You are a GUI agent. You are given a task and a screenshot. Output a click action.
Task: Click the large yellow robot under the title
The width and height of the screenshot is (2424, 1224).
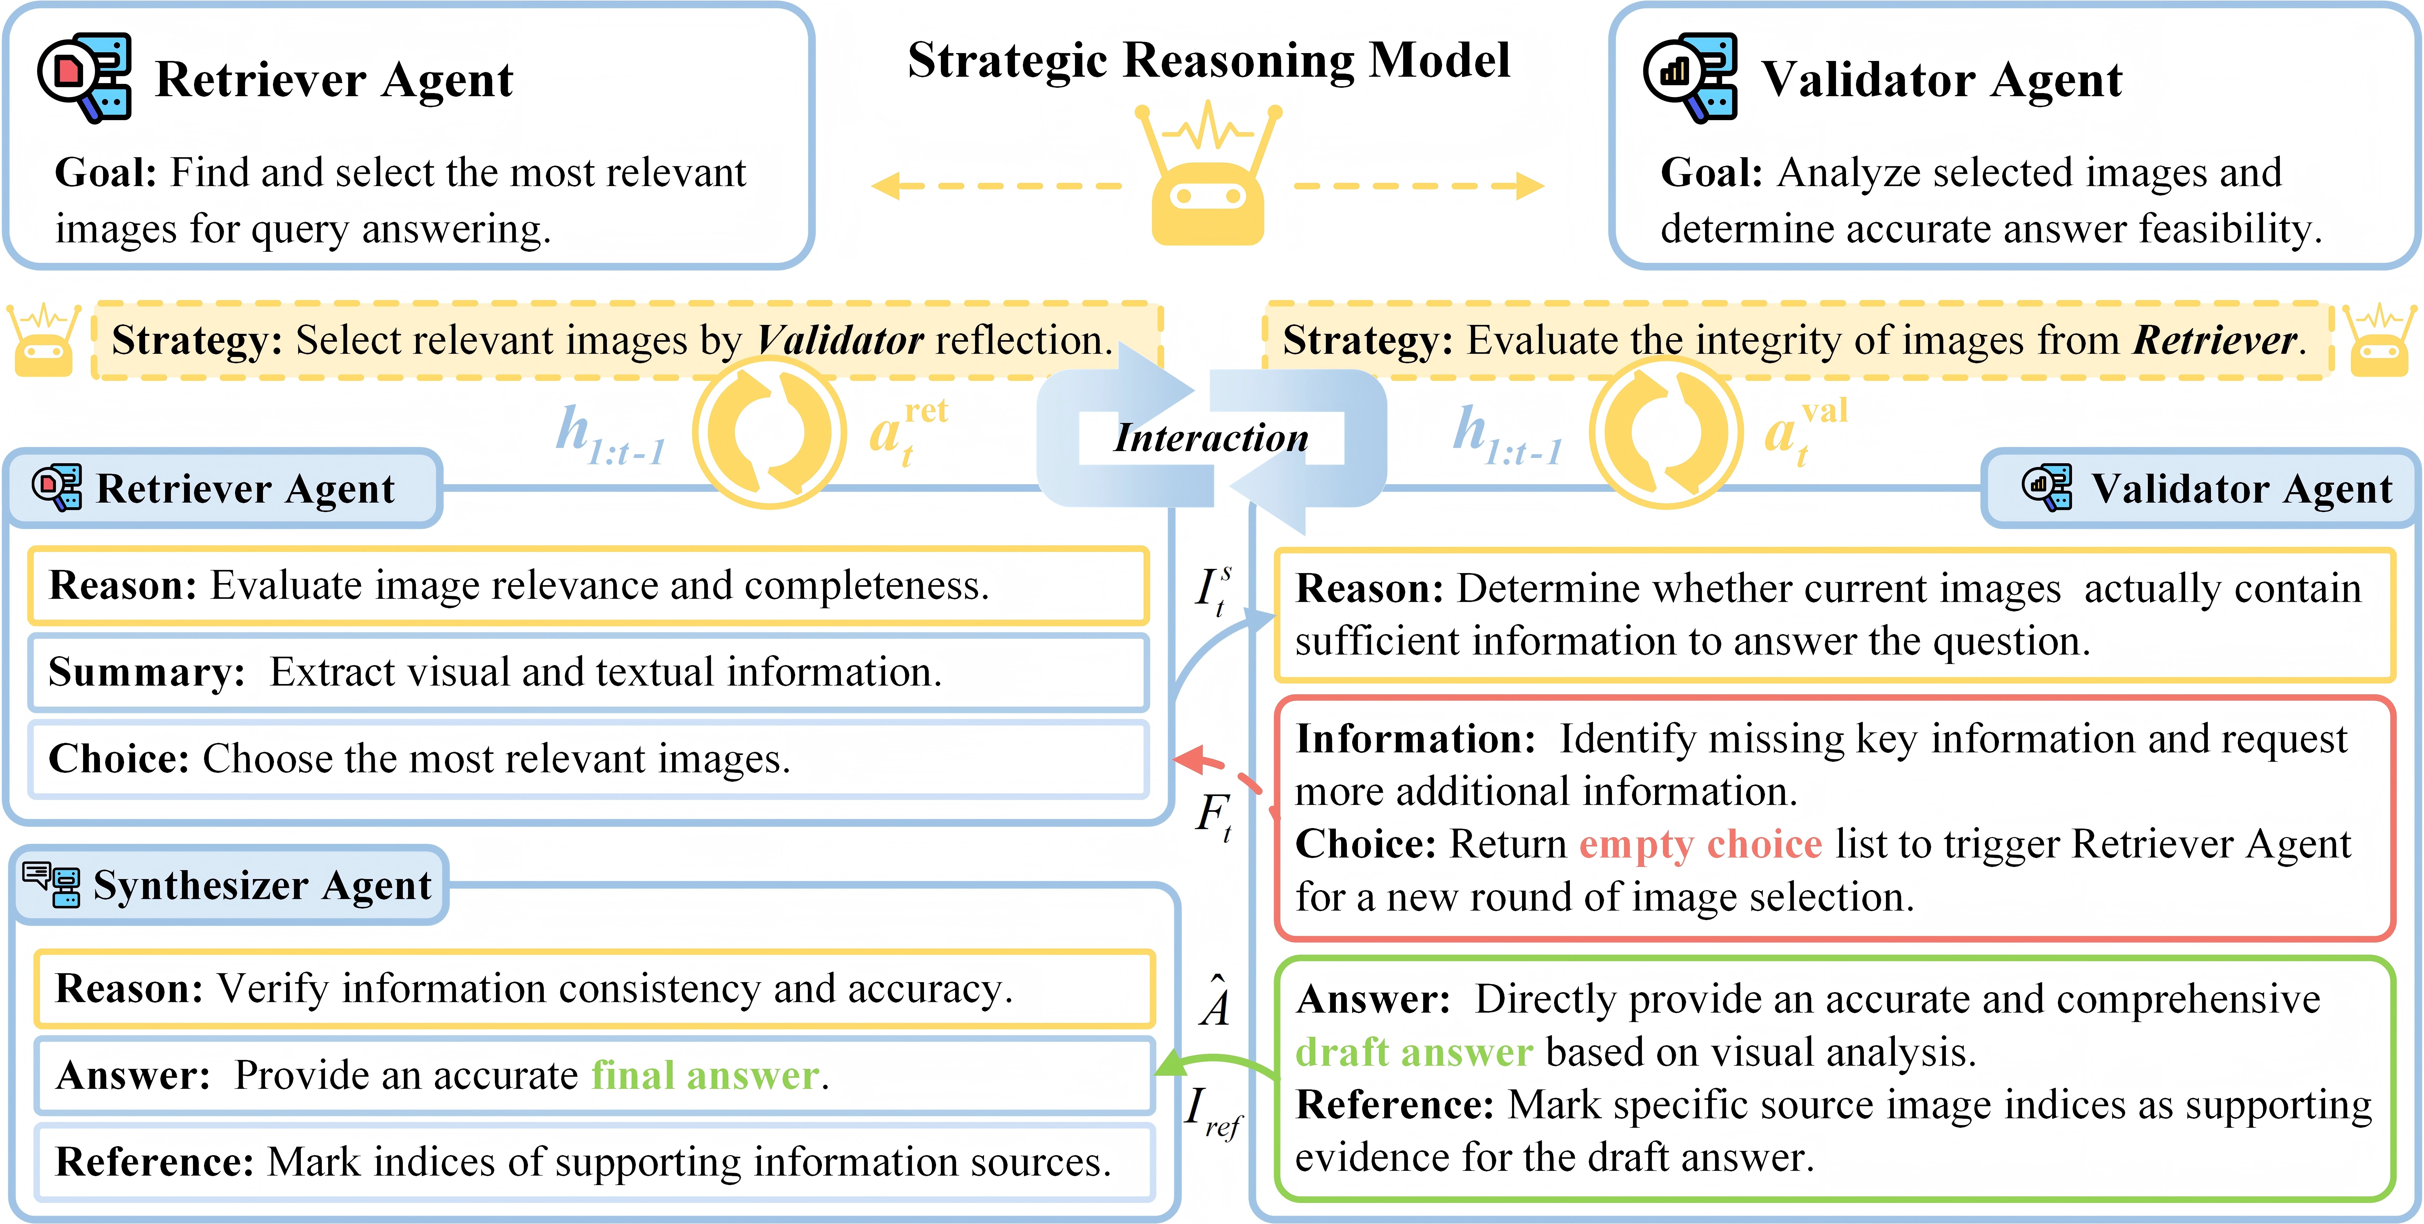point(1208,174)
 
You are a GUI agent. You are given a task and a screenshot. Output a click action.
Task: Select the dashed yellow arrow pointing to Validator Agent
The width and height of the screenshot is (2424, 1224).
point(1419,185)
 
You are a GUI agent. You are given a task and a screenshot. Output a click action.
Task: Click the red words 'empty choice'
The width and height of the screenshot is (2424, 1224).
point(1700,844)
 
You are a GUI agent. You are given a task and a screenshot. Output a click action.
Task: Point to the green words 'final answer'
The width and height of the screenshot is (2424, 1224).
point(705,1075)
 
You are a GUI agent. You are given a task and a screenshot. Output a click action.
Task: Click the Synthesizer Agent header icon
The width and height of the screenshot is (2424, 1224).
point(52,884)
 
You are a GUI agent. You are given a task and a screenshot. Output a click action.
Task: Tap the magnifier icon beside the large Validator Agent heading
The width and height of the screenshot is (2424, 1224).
point(1690,78)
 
